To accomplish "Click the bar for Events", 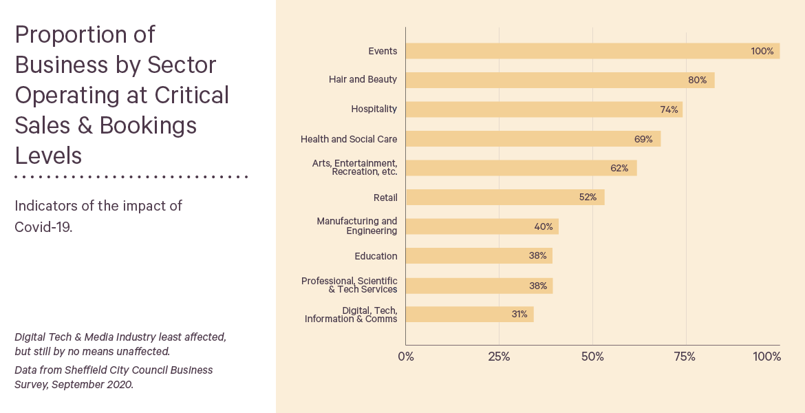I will [592, 51].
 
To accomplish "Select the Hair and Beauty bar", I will [560, 80].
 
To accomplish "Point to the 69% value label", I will [643, 139].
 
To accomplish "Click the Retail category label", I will [385, 198].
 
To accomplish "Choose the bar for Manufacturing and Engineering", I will [482, 226].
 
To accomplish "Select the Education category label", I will [376, 256].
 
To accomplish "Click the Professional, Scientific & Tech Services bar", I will [479, 286].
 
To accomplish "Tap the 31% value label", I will [519, 315].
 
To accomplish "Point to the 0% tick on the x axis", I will [406, 357].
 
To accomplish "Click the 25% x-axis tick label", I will [499, 357].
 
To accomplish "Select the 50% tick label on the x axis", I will [592, 357].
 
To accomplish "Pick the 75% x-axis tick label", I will [685, 357].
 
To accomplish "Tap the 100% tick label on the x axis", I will [766, 357].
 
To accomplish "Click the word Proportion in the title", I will [85, 35].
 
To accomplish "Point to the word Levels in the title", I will [48, 156].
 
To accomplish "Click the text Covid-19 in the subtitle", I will [43, 227].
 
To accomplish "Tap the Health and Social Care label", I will [349, 139].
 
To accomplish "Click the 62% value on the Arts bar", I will [619, 168].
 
